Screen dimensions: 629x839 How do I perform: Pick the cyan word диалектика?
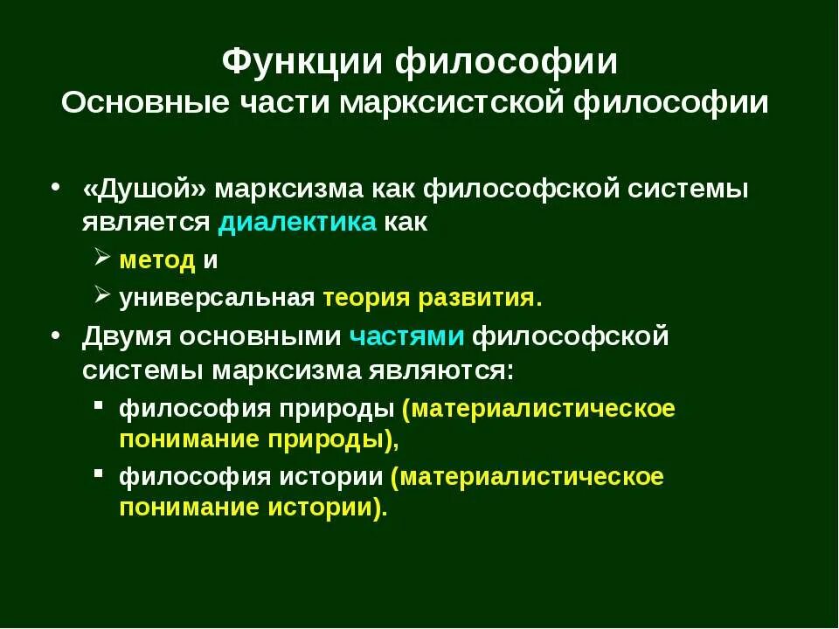pyautogui.click(x=297, y=222)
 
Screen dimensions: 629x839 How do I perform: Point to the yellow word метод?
pyautogui.click(x=156, y=259)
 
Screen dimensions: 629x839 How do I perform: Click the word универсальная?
pyautogui.click(x=217, y=298)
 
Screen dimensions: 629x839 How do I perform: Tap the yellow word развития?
pyautogui.click(x=480, y=298)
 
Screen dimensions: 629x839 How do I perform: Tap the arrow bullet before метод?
pyautogui.click(x=101, y=259)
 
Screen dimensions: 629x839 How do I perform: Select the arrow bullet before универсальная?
pyautogui.click(x=101, y=297)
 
